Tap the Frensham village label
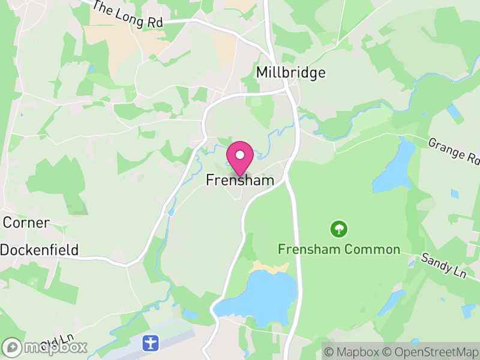240,180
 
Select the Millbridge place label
290,73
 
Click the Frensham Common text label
339,249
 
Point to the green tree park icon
339,229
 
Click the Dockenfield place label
40,250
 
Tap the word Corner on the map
26,223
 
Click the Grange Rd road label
455,151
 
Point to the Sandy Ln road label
443,265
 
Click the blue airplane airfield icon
150,343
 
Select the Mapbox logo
46,347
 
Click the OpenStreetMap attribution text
432,351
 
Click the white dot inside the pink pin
240,154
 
